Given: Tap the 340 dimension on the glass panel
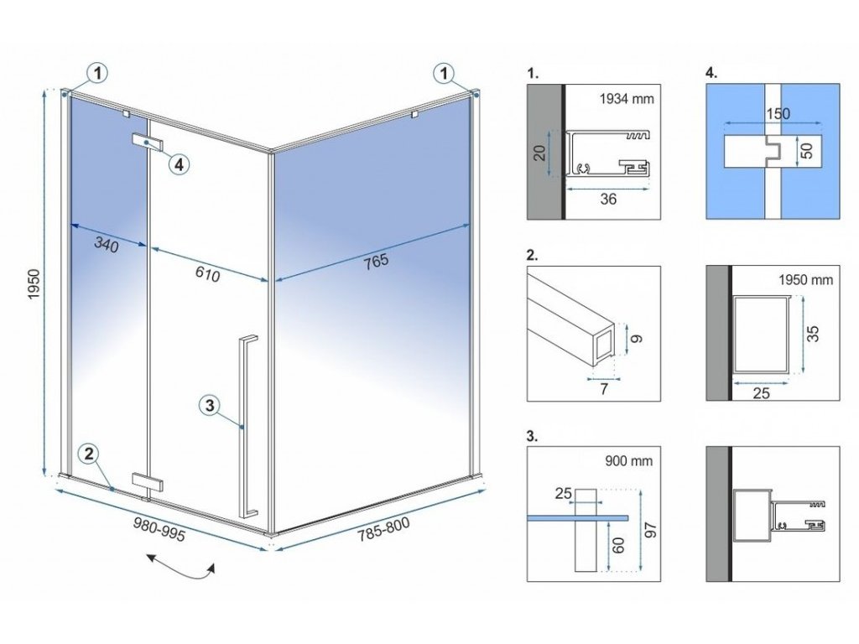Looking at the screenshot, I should click(x=107, y=246).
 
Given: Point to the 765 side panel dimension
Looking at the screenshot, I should click(x=377, y=261).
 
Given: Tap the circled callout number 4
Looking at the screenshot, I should click(x=178, y=164).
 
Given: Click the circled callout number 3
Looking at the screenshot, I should click(x=211, y=406).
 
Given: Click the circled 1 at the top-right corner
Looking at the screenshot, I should click(x=444, y=74).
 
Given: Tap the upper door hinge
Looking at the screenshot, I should click(x=148, y=143).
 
